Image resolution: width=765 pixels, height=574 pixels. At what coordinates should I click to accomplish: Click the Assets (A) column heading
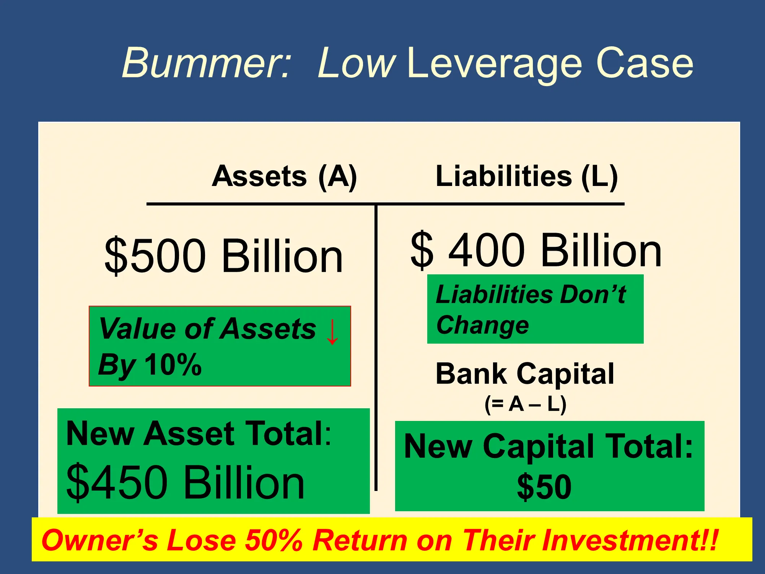[x=284, y=177]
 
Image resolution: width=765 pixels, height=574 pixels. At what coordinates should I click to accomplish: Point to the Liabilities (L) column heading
[x=527, y=177]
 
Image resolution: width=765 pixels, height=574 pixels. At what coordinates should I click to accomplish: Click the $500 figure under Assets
[x=155, y=255]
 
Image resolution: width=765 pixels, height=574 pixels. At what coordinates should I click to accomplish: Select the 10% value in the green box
[x=173, y=364]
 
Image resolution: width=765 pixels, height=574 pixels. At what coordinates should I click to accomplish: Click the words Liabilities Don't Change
[x=531, y=310]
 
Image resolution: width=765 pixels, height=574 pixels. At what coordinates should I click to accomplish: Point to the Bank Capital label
[x=525, y=373]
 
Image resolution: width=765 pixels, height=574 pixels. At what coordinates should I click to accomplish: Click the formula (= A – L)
[x=525, y=404]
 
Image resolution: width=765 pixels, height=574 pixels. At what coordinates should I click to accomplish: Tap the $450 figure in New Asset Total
[x=117, y=482]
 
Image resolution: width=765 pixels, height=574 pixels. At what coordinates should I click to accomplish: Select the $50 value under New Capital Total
[x=544, y=487]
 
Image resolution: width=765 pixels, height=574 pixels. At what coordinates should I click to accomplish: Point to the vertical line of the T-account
[x=376, y=347]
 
